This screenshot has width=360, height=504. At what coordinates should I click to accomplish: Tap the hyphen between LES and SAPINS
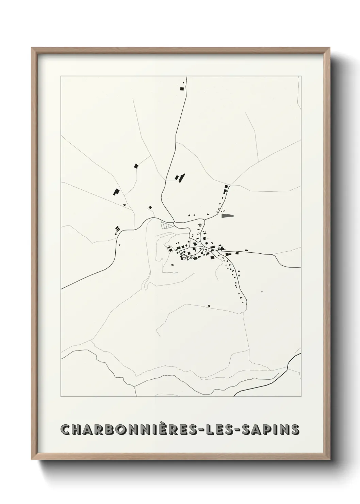tap(242, 430)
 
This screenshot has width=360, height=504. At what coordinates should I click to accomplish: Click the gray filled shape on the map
tap(228, 215)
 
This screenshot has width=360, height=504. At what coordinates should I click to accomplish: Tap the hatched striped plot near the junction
tap(166, 225)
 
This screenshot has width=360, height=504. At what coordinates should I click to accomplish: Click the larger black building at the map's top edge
tap(182, 89)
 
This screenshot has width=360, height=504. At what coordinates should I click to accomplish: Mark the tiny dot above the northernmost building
tap(184, 82)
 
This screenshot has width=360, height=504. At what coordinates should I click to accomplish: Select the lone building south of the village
tap(209, 306)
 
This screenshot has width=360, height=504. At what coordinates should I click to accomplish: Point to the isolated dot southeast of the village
tap(262, 292)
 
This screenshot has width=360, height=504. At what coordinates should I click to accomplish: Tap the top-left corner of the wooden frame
tap(32, 48)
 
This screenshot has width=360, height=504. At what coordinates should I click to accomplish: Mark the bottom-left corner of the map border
tap(61, 397)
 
